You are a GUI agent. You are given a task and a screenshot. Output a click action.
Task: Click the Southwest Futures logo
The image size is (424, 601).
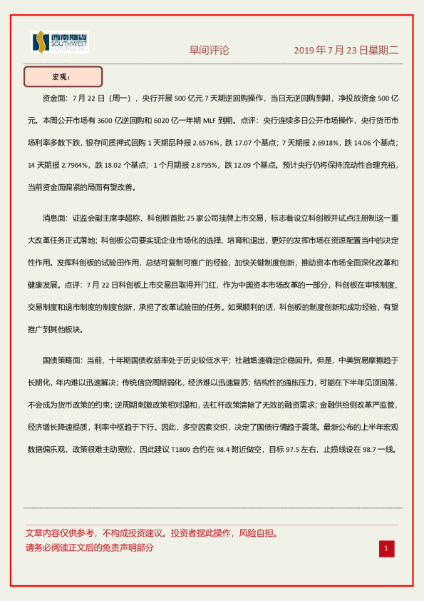coord(60,43)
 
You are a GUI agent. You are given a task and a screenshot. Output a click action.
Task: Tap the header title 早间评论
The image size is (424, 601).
coord(209,51)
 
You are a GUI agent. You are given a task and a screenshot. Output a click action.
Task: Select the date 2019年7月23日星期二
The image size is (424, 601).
coord(346,51)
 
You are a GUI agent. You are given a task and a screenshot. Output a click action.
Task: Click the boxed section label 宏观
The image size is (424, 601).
coord(63,76)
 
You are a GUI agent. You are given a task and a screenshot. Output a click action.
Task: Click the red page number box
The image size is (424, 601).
coord(386,548)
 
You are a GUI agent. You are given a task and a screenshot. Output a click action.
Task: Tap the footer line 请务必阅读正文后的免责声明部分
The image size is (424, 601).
coord(89,548)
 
